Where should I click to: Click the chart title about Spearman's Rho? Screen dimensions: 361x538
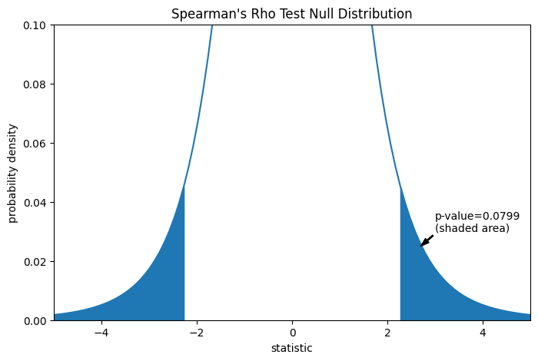[291, 14]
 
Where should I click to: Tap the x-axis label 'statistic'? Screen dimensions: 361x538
[291, 348]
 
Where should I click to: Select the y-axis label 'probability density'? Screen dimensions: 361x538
[13, 173]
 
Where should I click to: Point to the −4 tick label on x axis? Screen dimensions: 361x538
[101, 333]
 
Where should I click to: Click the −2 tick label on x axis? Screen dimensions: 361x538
[196, 333]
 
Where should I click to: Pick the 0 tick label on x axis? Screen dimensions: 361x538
[292, 333]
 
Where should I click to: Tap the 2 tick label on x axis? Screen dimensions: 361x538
[387, 333]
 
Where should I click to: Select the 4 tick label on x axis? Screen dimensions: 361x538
[483, 333]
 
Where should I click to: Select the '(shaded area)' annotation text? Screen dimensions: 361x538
[472, 228]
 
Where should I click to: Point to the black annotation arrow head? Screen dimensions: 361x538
[423, 245]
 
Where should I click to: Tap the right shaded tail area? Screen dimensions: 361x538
[419, 284]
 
